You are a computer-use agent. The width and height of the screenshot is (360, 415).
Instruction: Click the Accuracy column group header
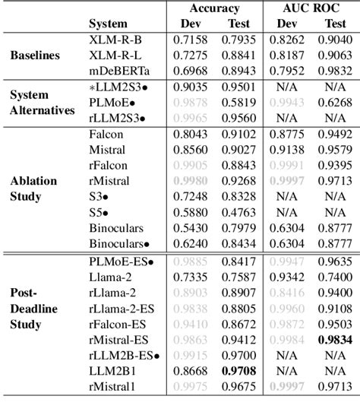click(x=214, y=8)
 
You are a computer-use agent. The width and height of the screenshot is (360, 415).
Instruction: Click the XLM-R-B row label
click(x=114, y=40)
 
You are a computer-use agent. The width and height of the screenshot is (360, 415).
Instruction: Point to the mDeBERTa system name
click(x=116, y=70)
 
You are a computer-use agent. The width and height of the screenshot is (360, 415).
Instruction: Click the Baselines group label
click(x=37, y=55)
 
